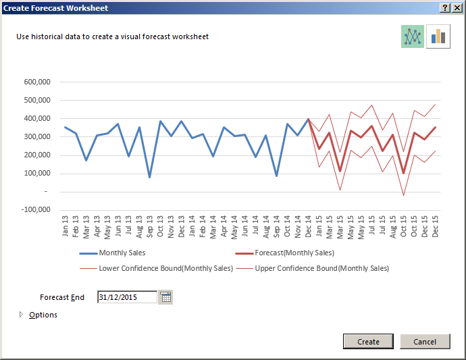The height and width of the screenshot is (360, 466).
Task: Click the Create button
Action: pos(368,342)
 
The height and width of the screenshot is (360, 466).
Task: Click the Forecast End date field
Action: pos(127,297)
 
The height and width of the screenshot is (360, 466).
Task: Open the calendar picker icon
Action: pos(165,297)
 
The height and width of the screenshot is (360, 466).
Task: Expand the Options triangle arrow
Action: pos(21,315)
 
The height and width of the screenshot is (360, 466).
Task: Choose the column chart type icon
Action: pos(438,36)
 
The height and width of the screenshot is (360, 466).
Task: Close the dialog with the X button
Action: pos(457,7)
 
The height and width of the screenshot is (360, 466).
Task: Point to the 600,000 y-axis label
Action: pos(36,82)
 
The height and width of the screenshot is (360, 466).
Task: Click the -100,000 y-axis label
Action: pos(35,210)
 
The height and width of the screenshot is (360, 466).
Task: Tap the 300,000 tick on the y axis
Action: pos(36,137)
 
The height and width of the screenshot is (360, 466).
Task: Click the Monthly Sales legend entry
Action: pos(122,253)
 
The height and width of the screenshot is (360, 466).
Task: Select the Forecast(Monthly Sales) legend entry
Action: pos(294,253)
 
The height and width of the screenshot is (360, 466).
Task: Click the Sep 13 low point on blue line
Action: pos(149,177)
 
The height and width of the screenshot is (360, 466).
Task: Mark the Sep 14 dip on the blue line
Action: pos(276,176)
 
